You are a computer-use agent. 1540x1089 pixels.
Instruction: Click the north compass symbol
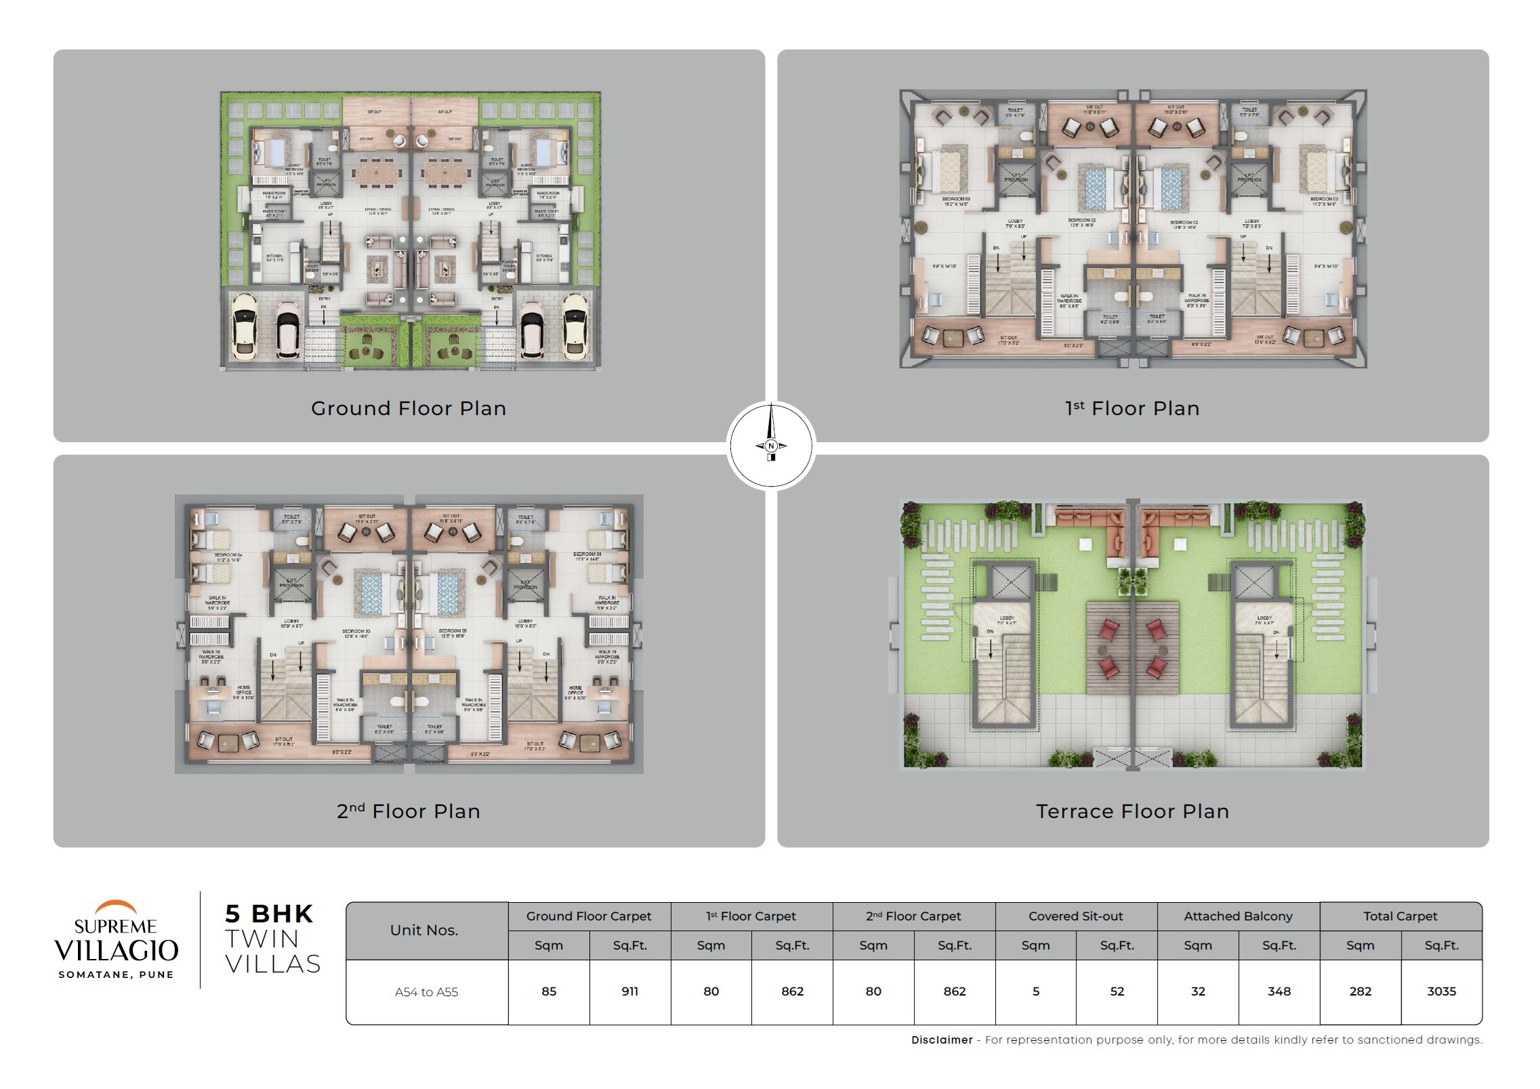(770, 445)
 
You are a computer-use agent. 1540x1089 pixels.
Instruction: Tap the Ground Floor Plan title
(409, 408)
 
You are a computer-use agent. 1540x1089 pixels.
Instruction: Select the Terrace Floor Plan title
(1132, 811)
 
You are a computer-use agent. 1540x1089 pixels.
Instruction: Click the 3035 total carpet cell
(1441, 991)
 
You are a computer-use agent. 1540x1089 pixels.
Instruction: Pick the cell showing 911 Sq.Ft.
(629, 991)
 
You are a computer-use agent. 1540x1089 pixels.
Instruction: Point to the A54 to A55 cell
(426, 992)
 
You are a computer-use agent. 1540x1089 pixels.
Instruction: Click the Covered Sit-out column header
(1075, 916)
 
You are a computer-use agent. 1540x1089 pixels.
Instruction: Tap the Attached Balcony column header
(1238, 916)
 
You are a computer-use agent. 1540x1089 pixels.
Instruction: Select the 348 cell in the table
(1278, 991)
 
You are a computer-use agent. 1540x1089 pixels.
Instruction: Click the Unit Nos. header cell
(424, 931)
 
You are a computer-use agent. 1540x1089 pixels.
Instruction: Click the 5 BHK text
(269, 914)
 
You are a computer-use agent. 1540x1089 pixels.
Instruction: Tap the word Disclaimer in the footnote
(942, 1040)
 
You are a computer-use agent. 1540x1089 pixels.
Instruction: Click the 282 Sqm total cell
(1360, 991)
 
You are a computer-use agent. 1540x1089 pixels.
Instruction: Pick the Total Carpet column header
(1400, 916)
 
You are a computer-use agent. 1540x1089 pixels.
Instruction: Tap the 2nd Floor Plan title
(409, 811)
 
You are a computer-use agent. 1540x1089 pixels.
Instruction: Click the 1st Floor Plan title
(1132, 408)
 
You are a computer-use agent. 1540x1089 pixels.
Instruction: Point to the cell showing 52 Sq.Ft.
(1117, 991)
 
